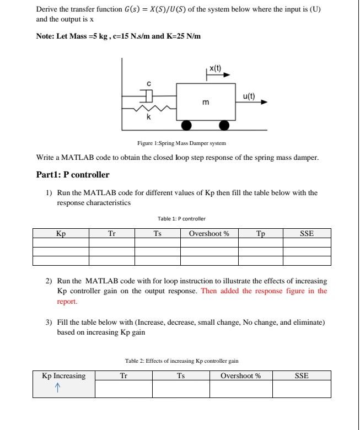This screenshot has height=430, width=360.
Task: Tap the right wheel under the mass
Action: click(x=224, y=125)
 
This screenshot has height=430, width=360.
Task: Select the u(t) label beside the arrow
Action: click(x=249, y=95)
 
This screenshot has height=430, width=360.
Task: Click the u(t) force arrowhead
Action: click(x=264, y=102)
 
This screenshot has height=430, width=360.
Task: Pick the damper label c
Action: click(x=148, y=84)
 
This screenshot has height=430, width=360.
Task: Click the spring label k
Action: click(x=148, y=117)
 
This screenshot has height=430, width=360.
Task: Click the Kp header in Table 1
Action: click(x=61, y=234)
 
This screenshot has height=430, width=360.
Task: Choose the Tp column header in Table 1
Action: click(x=260, y=234)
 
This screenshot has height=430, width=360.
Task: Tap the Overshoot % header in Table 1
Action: click(x=209, y=234)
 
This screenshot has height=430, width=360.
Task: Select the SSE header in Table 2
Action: click(x=302, y=376)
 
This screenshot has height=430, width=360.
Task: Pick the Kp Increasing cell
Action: click(x=64, y=376)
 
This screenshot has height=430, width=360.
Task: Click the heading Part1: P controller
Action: click(x=72, y=175)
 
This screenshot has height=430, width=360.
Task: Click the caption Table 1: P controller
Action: click(x=181, y=219)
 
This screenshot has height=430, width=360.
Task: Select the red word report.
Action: click(x=67, y=302)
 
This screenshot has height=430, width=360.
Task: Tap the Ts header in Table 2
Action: click(x=181, y=376)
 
